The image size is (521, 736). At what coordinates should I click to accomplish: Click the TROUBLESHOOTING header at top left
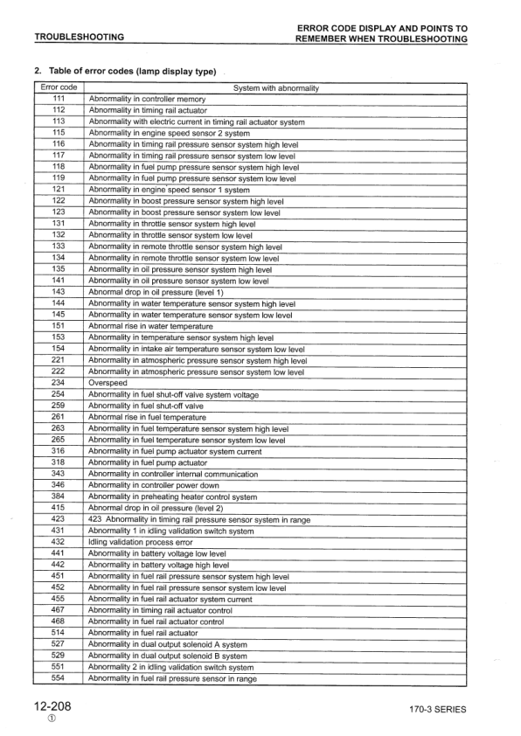pyautogui.click(x=78, y=38)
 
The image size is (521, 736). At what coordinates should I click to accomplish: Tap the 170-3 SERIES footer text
pyautogui.click(x=437, y=709)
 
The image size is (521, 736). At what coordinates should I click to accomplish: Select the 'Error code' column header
pyautogui.click(x=59, y=88)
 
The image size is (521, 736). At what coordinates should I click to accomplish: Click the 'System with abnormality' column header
pyautogui.click(x=276, y=88)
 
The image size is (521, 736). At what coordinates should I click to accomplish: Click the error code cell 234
pyautogui.click(x=59, y=382)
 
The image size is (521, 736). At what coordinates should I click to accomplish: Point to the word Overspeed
pyautogui.click(x=107, y=382)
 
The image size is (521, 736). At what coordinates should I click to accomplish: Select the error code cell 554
pyautogui.click(x=59, y=677)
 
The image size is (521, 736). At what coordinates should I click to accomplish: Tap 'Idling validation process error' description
pyautogui.click(x=144, y=542)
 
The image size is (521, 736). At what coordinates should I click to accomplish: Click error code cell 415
pyautogui.click(x=59, y=508)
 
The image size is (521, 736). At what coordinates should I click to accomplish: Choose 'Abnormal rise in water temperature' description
pyautogui.click(x=151, y=325)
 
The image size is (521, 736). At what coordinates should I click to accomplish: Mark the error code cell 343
pyautogui.click(x=59, y=474)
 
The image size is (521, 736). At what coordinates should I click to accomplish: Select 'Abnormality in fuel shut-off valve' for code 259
pyautogui.click(x=146, y=406)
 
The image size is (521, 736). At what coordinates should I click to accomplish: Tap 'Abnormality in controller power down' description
pyautogui.click(x=154, y=485)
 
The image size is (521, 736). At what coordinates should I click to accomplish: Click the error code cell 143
pyautogui.click(x=59, y=291)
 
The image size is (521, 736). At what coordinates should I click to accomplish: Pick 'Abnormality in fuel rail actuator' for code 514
pyautogui.click(x=143, y=632)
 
